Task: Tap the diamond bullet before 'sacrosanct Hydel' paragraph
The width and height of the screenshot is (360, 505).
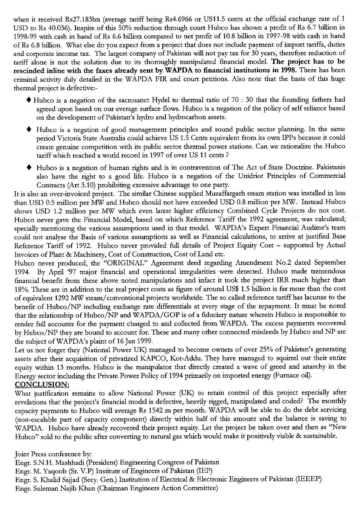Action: click(28, 100)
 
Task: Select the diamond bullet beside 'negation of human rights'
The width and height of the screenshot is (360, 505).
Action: click(28, 168)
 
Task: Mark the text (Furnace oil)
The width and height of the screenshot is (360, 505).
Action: click(294, 375)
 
